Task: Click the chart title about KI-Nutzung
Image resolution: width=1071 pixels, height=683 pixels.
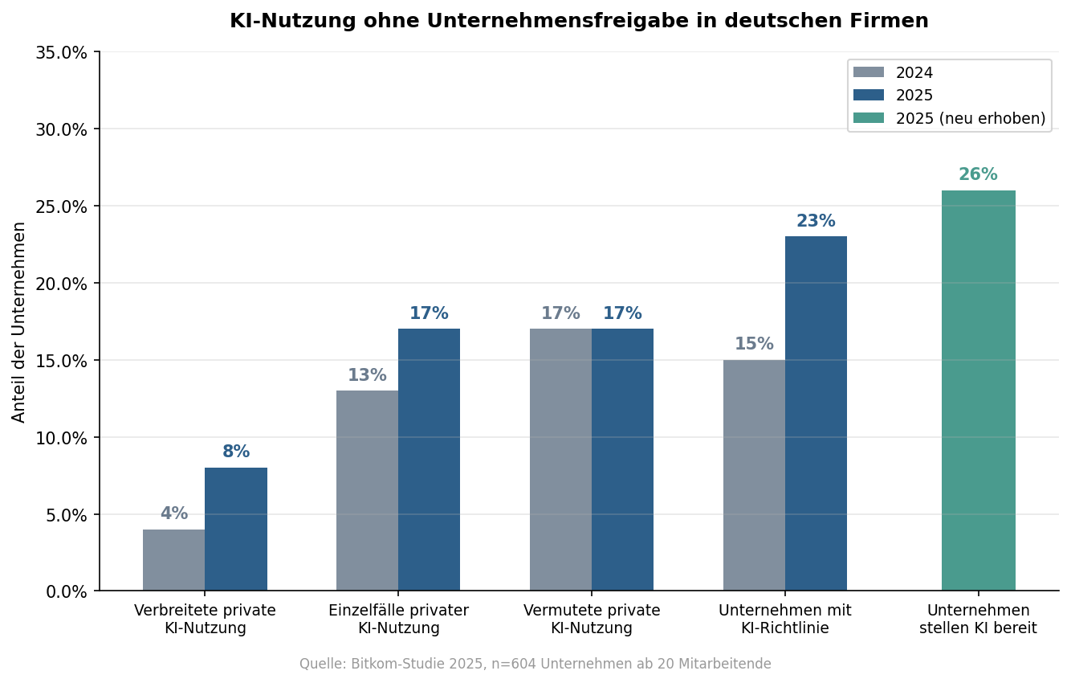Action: (x=579, y=22)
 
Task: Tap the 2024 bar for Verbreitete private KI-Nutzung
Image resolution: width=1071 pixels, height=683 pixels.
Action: (x=174, y=560)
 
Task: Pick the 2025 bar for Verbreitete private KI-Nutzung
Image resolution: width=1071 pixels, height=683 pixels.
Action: (x=236, y=530)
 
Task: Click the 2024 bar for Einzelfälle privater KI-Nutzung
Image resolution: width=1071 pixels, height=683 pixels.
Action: (x=367, y=491)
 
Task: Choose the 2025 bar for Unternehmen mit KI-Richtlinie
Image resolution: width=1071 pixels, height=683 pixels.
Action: (x=816, y=414)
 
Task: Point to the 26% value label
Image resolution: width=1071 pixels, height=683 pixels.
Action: (x=978, y=175)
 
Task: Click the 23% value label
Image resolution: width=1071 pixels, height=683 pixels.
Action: (x=816, y=222)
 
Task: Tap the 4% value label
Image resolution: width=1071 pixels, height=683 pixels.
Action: (x=174, y=514)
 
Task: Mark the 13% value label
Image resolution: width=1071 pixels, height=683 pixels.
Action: (x=367, y=376)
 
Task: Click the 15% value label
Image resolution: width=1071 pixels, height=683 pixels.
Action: (x=754, y=345)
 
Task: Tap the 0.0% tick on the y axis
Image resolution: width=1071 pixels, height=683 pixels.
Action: (x=65, y=591)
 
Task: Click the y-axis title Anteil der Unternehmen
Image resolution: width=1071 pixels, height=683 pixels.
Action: (x=19, y=321)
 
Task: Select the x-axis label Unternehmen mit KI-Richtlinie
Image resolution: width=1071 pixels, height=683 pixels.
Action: (x=784, y=619)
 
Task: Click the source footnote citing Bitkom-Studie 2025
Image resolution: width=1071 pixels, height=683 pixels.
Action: (x=535, y=665)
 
